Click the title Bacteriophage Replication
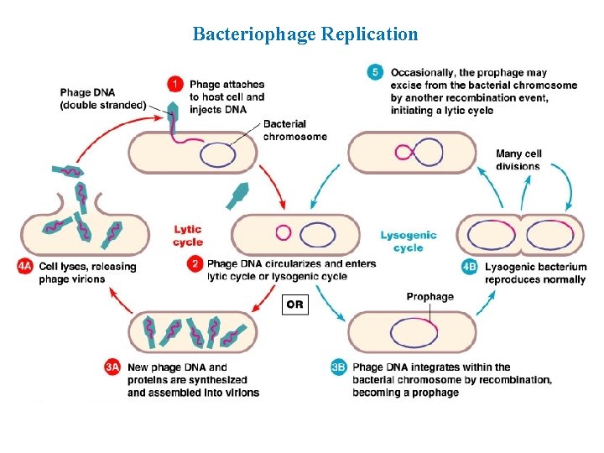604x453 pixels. (305, 34)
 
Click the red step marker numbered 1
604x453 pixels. (174, 84)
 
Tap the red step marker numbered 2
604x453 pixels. (195, 264)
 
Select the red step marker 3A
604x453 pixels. (113, 367)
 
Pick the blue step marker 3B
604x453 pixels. (339, 367)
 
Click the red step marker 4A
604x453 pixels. (25, 267)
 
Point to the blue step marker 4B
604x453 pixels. (471, 268)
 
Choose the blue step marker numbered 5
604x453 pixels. (375, 72)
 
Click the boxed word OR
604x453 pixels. (294, 305)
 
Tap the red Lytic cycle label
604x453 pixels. (188, 236)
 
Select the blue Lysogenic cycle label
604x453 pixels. (408, 242)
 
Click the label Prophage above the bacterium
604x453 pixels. (430, 296)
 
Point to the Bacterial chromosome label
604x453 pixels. (294, 130)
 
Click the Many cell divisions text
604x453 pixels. (518, 159)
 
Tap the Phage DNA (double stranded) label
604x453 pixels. (102, 98)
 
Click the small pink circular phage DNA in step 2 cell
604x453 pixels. (283, 233)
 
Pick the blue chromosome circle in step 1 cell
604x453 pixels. (217, 154)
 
